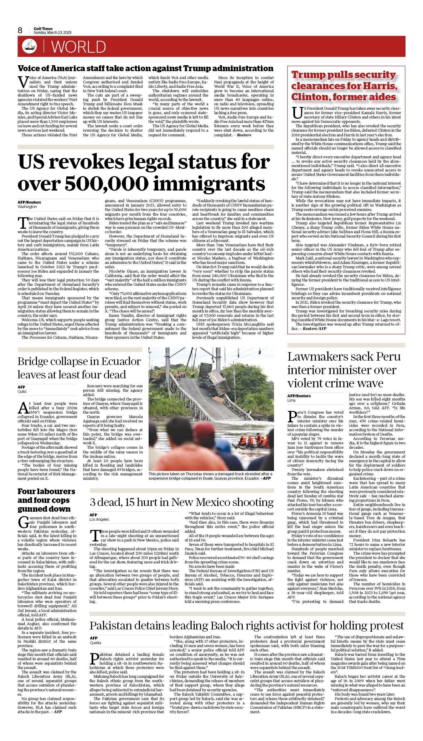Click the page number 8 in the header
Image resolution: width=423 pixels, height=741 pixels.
click(x=20, y=30)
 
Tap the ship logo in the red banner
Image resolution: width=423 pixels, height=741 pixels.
click(x=29, y=46)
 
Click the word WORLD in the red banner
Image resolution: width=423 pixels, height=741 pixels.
click(x=78, y=47)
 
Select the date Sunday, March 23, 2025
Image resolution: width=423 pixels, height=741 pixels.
click(x=53, y=33)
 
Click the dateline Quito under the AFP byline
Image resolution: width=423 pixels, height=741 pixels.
click(x=22, y=392)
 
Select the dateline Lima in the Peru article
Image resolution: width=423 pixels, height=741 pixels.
click(x=291, y=400)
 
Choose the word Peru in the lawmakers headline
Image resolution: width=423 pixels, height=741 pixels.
click(x=388, y=357)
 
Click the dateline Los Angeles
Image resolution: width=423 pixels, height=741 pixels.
click(x=99, y=519)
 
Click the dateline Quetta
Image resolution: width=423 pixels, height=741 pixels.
click(x=95, y=643)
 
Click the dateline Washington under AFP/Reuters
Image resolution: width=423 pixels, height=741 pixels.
click(x=27, y=207)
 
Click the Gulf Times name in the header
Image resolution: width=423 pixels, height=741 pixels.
click(x=43, y=29)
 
